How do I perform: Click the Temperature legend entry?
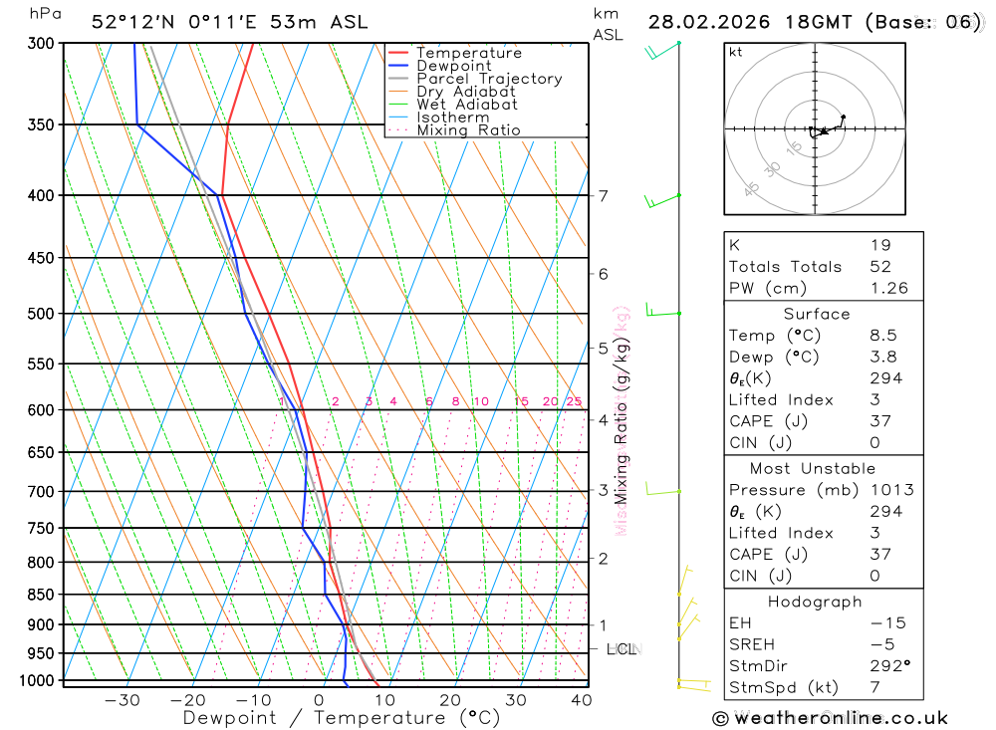coord(468,53)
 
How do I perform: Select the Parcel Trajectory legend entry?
coord(489,79)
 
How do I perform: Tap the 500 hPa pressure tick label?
coord(40,314)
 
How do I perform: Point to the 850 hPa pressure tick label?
coord(40,595)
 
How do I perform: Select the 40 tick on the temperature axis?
coord(582,700)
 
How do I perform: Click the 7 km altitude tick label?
coord(604,195)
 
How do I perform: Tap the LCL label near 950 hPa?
coord(622,649)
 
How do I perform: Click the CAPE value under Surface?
coord(880,421)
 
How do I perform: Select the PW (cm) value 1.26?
coord(888,289)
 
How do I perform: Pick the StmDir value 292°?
coord(889,666)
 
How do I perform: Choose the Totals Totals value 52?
coord(880,267)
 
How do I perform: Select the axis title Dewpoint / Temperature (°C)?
coord(342,718)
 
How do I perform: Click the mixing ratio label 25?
coord(574,402)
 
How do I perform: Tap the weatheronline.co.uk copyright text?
coord(831,718)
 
